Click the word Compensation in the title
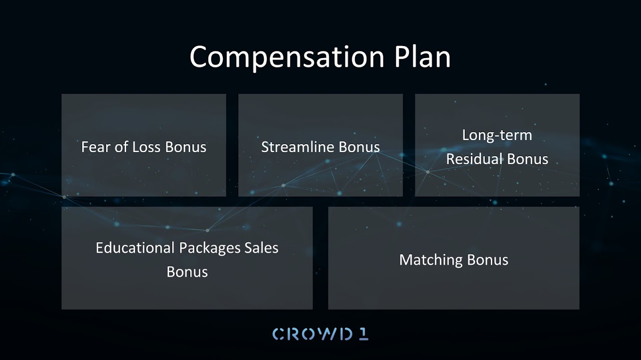(287, 57)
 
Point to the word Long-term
(497, 135)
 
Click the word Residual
(474, 159)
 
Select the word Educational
(135, 247)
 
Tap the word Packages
(210, 248)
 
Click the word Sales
(261, 247)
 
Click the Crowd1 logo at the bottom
(320, 334)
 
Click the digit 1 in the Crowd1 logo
(364, 334)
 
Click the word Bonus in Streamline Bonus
(360, 147)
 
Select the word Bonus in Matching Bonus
(488, 260)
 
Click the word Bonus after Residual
(528, 159)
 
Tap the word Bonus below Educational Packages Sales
(187, 271)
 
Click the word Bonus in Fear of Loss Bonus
(186, 147)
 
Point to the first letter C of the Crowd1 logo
(278, 334)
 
